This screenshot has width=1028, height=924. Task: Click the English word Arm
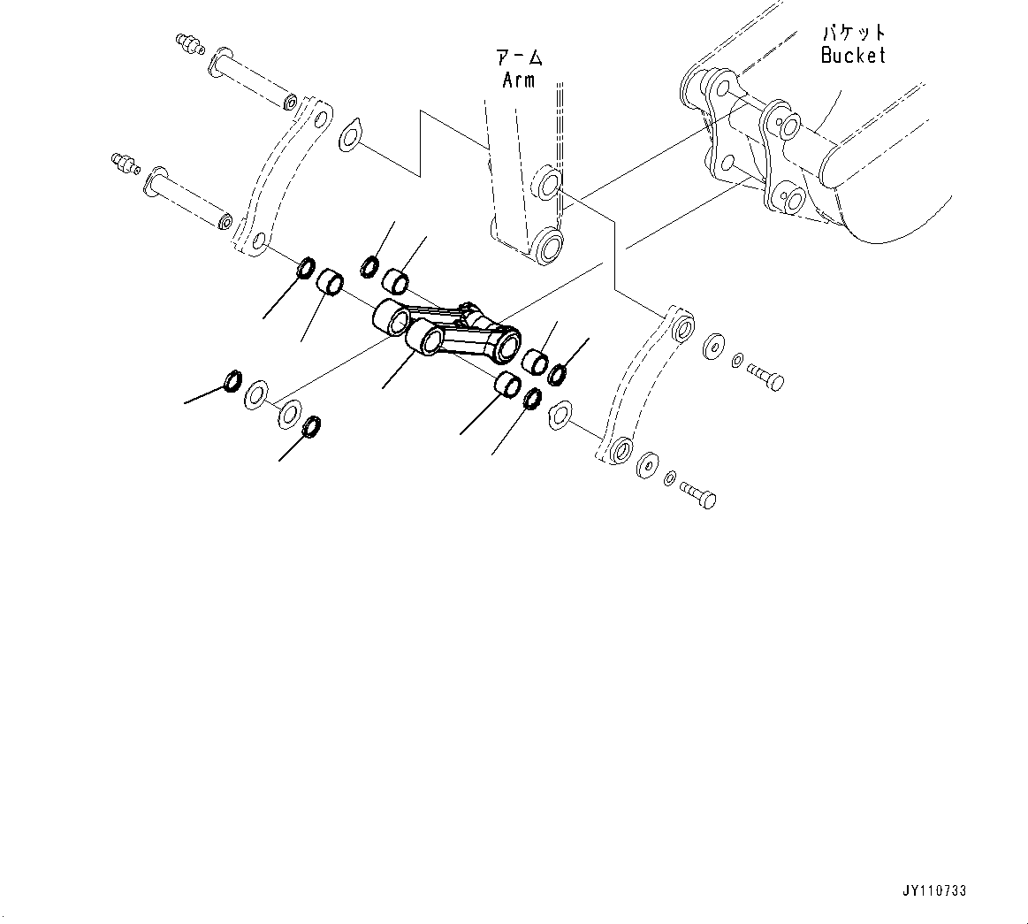tap(519, 80)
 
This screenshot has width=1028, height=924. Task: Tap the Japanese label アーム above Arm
tap(519, 58)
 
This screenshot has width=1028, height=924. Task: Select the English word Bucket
tap(852, 55)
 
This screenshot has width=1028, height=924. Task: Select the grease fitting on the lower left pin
tap(123, 163)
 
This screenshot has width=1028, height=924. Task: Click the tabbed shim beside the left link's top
tap(350, 134)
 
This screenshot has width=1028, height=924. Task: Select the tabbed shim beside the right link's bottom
tap(560, 414)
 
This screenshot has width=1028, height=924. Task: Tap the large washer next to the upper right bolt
tap(712, 347)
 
